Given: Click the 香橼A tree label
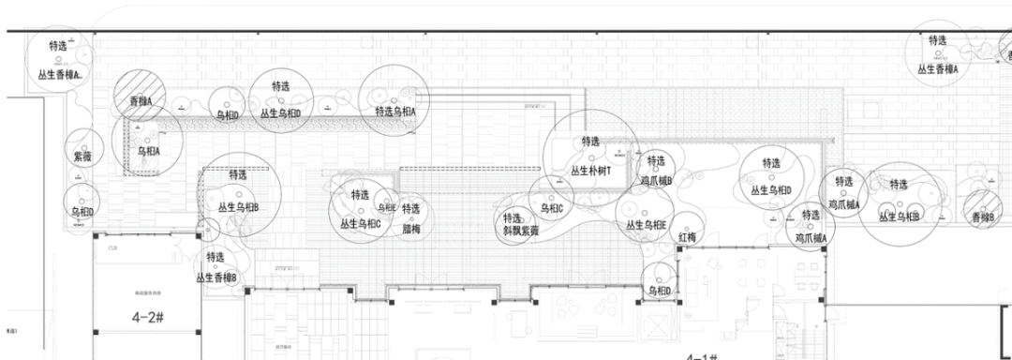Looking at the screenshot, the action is (x=141, y=100).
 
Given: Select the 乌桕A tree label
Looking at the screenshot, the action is (x=149, y=150).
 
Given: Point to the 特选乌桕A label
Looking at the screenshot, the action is (x=394, y=112).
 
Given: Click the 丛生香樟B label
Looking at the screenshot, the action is (x=216, y=277).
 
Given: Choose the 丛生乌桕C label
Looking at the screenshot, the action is (x=360, y=223).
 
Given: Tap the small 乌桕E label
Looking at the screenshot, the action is (x=387, y=208).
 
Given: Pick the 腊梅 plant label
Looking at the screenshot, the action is (x=410, y=228).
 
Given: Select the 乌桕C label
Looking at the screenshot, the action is (x=551, y=208).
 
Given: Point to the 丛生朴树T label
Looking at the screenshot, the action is (x=590, y=172).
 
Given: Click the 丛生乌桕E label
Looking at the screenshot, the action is (x=646, y=225).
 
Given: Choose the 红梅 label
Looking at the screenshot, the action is (x=688, y=238).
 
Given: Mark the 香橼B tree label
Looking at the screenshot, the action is (x=983, y=217).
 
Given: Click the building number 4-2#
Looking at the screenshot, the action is (x=148, y=318).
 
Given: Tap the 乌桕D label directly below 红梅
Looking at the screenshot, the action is (x=659, y=292).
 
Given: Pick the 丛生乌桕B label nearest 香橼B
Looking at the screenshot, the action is (x=900, y=217).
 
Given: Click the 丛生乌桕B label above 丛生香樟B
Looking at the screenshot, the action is (x=238, y=206).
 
